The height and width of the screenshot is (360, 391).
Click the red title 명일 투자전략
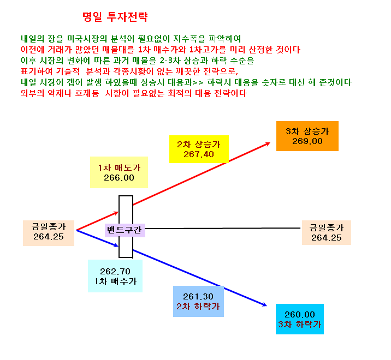tap(115, 17)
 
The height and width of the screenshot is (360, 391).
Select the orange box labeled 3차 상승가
tap(307, 136)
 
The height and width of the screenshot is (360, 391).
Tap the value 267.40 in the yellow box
tap(199, 154)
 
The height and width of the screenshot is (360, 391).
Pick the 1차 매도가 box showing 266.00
tap(119, 172)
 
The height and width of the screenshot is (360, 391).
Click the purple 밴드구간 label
tap(125, 230)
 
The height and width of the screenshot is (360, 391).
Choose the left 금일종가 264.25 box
tap(49, 233)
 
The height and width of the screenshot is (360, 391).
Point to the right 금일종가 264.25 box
tap(327, 232)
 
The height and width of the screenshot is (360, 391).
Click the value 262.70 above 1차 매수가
tap(115, 271)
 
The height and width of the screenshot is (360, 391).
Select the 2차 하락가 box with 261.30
tap(198, 301)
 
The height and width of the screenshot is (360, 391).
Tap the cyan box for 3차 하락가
tap(300, 319)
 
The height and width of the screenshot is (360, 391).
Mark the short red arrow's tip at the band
tap(118, 212)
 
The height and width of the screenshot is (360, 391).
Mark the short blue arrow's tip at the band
tap(118, 246)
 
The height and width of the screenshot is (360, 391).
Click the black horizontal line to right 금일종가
tap(223, 228)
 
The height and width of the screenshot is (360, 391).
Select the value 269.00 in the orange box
tap(307, 141)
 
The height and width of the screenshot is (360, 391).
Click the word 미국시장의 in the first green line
tap(87, 39)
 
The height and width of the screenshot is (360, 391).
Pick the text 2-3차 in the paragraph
tap(170, 61)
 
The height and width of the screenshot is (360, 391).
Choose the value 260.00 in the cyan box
tap(300, 314)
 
